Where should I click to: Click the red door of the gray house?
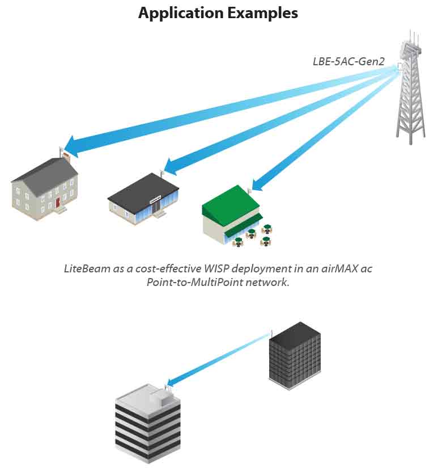[x=57, y=202]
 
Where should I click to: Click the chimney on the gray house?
[x=66, y=155]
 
